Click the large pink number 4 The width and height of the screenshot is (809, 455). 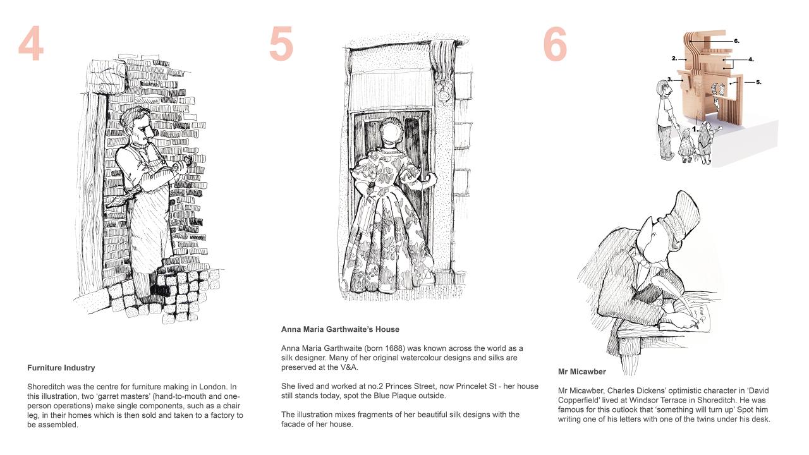(31, 44)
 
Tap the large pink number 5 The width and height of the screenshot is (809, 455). (281, 44)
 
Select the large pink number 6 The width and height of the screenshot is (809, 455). (555, 44)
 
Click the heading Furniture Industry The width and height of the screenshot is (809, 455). (61, 368)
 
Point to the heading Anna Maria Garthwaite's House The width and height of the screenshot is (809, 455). (340, 329)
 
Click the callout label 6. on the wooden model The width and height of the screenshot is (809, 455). (736, 41)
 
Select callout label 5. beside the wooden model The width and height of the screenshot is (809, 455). (758, 82)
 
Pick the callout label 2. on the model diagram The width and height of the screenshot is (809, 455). (674, 59)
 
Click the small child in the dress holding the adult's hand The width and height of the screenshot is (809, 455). (686, 145)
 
